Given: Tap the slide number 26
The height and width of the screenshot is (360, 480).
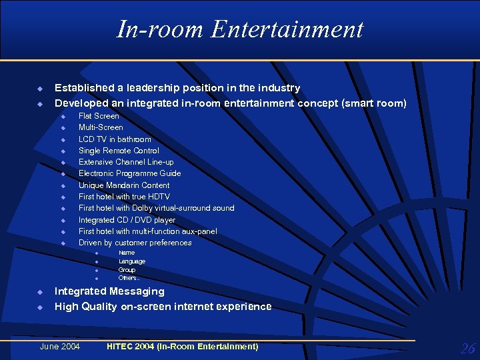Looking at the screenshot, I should click(x=467, y=348).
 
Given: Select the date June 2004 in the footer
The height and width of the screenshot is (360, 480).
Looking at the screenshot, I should click(x=60, y=346).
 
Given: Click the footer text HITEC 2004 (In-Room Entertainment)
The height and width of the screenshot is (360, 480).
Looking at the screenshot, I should click(x=182, y=346).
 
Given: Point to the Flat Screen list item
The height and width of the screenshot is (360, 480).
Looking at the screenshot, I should click(x=99, y=116).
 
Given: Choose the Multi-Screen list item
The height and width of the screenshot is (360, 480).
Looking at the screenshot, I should click(x=101, y=127).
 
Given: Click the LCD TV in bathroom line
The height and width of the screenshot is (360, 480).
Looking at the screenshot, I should click(x=115, y=139).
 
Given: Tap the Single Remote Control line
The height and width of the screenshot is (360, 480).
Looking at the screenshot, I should click(x=119, y=151).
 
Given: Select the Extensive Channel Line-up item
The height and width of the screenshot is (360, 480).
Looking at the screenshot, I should click(x=126, y=162).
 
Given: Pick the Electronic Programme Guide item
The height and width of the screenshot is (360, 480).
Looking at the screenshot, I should click(x=129, y=173).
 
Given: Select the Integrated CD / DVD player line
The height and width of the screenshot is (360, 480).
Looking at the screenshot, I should click(x=127, y=220).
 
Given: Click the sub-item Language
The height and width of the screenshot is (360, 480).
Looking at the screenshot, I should click(x=131, y=261).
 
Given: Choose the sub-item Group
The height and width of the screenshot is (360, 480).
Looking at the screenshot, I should click(x=127, y=270).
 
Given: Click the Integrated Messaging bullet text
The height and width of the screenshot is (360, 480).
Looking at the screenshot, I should click(x=109, y=291).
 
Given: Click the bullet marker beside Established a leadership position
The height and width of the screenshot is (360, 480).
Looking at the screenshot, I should click(x=39, y=88).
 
